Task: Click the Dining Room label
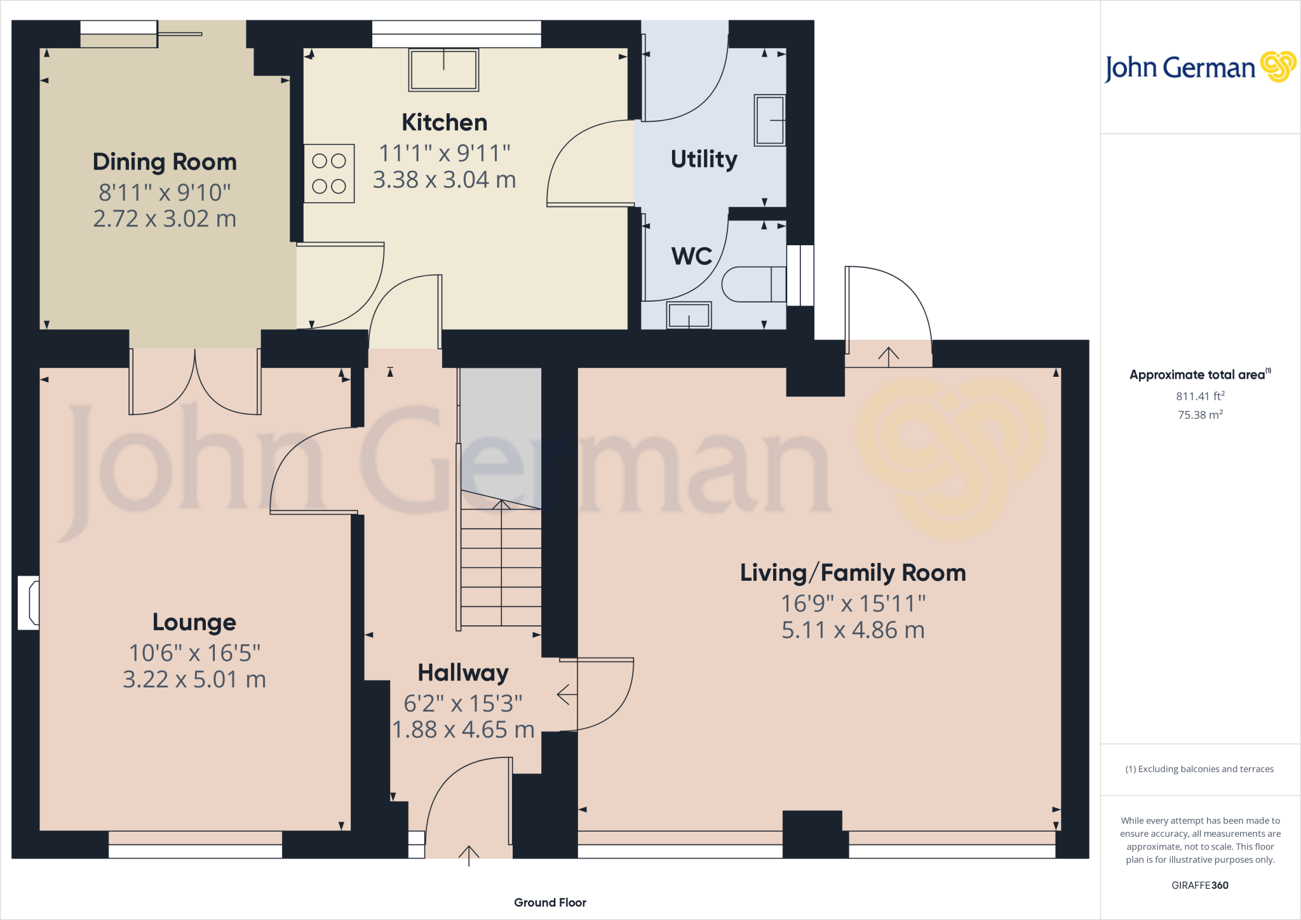click(165, 162)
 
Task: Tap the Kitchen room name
click(445, 123)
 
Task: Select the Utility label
click(704, 159)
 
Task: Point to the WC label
click(692, 256)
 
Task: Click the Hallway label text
click(463, 673)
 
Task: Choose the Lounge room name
click(194, 623)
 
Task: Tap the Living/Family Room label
click(853, 573)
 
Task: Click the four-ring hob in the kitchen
click(329, 173)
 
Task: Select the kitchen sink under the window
click(443, 70)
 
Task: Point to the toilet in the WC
click(754, 284)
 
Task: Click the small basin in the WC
click(689, 315)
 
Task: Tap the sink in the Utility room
click(770, 120)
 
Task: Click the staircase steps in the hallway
click(501, 564)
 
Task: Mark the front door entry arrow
click(469, 856)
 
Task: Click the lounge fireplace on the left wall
click(29, 603)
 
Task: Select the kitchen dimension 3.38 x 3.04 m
click(444, 180)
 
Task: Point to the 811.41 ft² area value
click(1200, 396)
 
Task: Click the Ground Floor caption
click(550, 902)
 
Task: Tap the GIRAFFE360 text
click(1200, 885)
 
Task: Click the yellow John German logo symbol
click(1278, 67)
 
